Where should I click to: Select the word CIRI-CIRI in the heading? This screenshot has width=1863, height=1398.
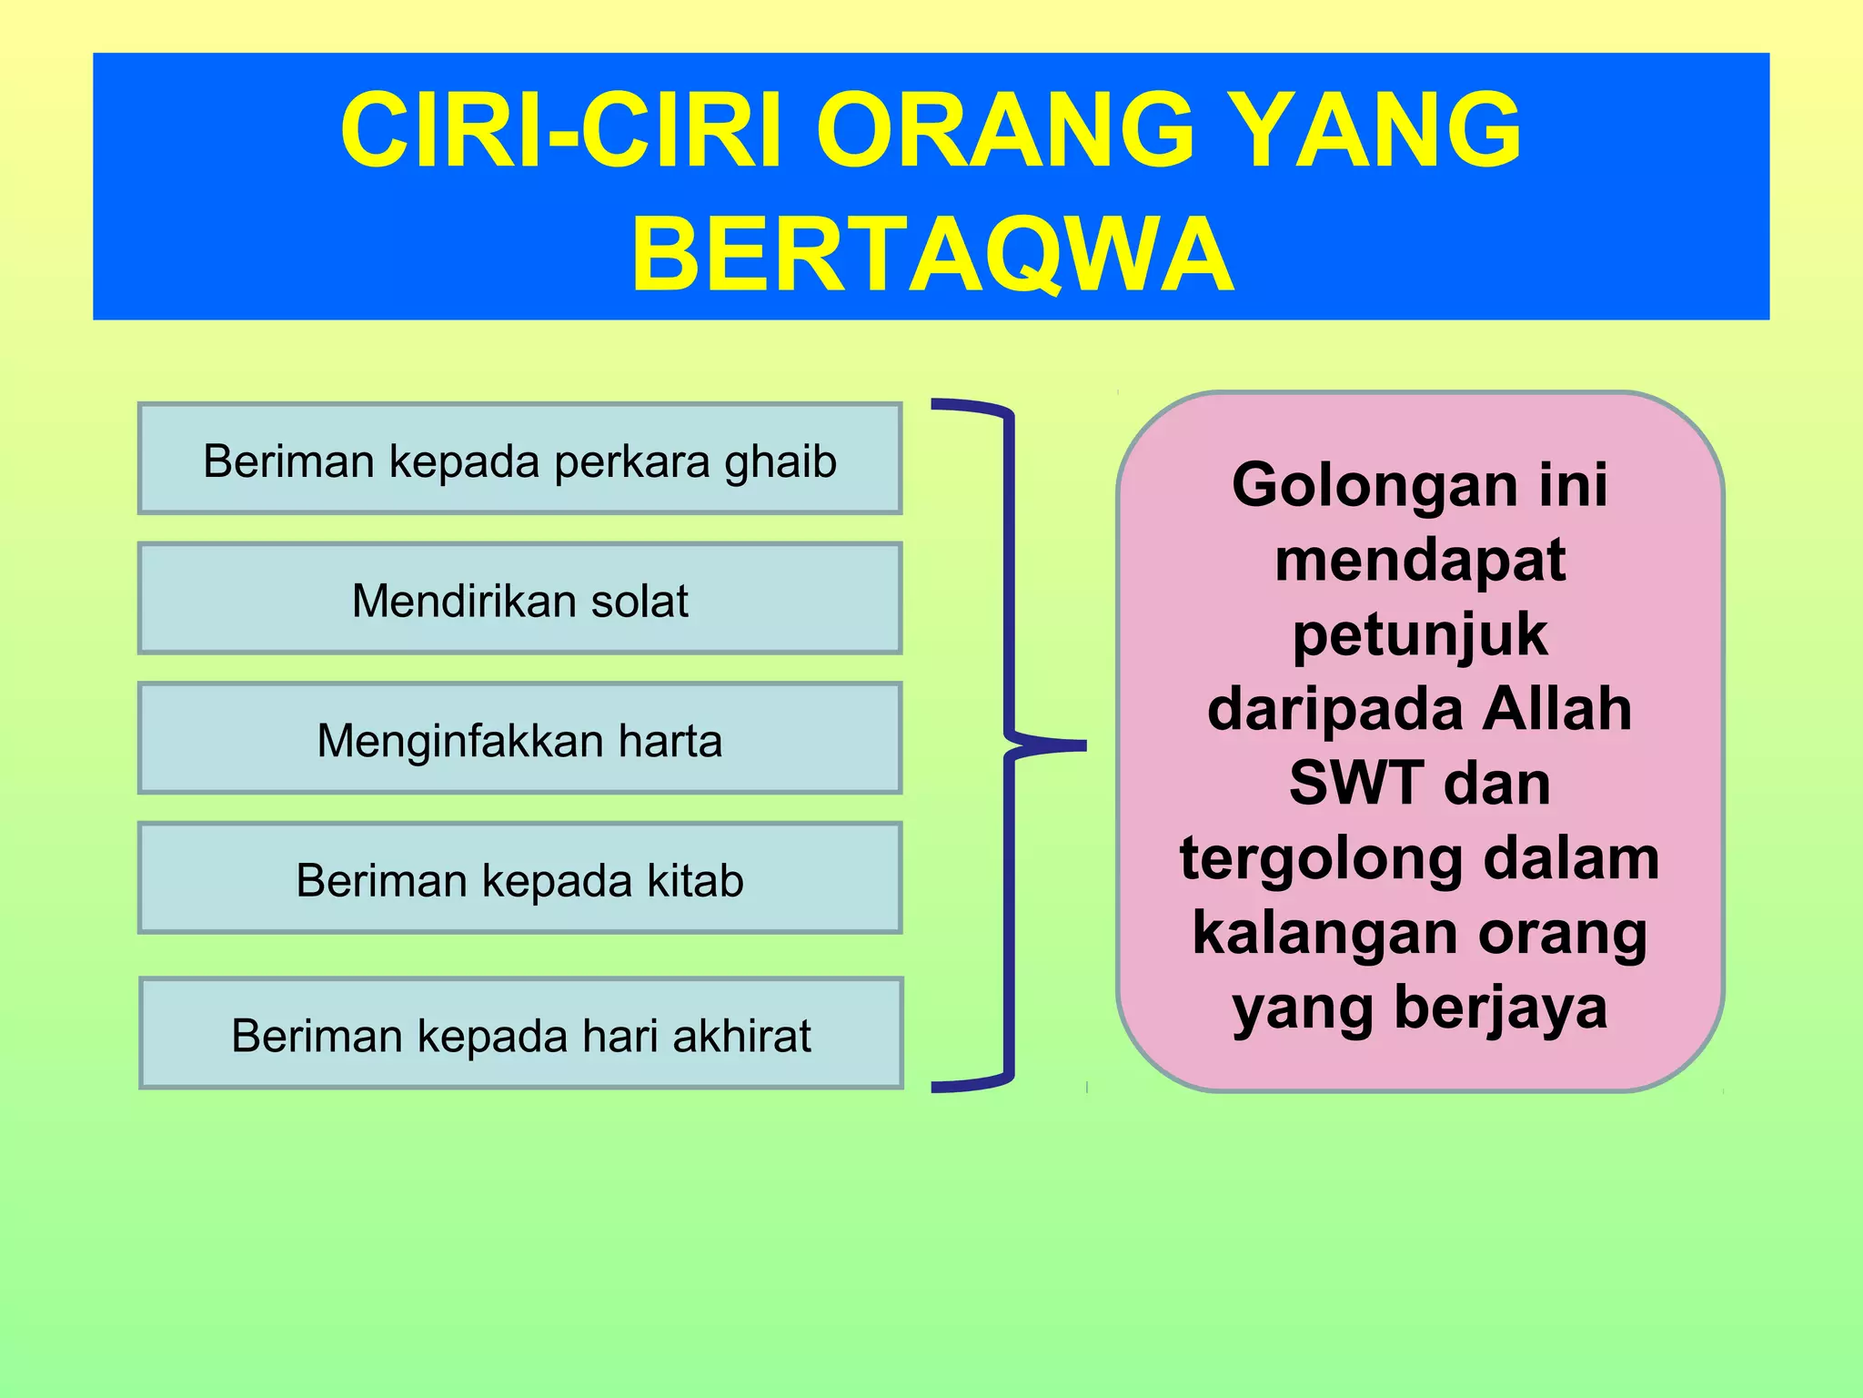[560, 130]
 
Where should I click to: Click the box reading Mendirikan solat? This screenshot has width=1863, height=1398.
[519, 600]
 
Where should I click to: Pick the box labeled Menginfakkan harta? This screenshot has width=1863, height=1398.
[519, 739]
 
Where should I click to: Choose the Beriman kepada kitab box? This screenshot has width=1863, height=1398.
[519, 879]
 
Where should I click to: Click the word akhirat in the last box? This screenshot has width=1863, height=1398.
[741, 1036]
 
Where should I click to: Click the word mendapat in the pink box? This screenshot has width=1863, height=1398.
[1420, 559]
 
